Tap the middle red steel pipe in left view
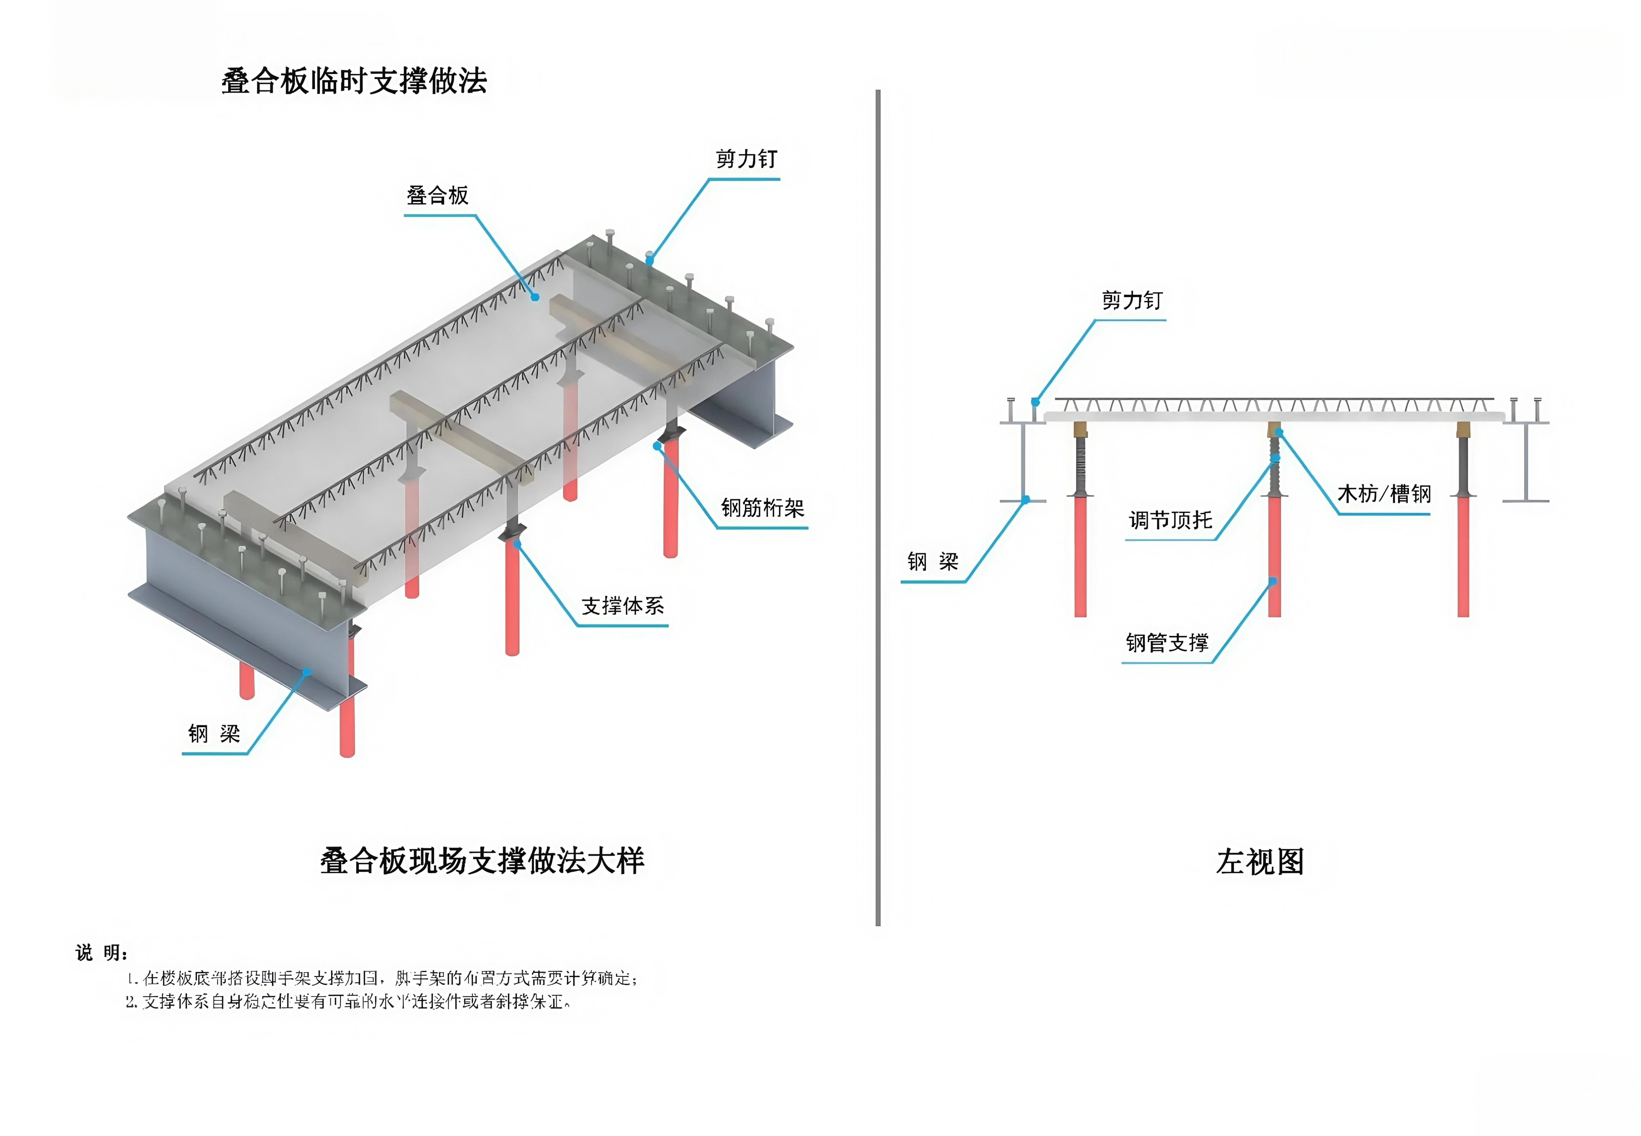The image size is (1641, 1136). click(1275, 555)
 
